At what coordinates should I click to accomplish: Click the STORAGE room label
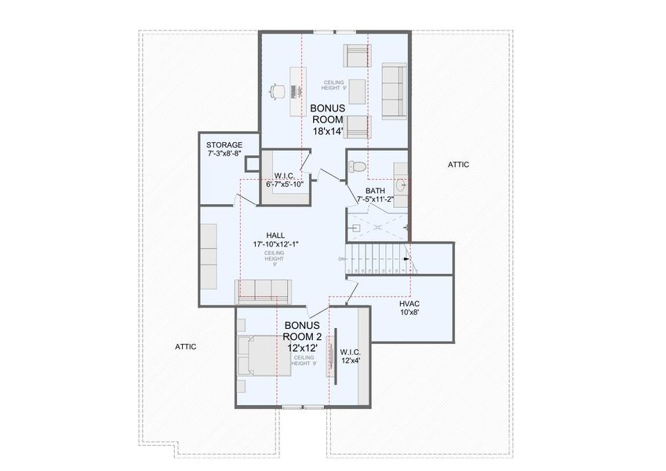pos(224,145)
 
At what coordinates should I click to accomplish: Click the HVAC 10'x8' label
pos(409,307)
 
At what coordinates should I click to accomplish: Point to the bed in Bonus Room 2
pos(266,356)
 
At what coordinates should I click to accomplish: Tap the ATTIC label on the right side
pos(458,165)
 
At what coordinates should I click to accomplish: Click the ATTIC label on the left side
pos(185,346)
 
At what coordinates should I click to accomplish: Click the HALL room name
pos(275,235)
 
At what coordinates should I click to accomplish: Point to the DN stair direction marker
pos(341,259)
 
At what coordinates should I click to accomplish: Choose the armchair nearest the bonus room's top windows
pos(357,57)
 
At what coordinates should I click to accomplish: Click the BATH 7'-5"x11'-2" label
pos(375,195)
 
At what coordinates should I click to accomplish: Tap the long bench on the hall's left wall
pos(208,256)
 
